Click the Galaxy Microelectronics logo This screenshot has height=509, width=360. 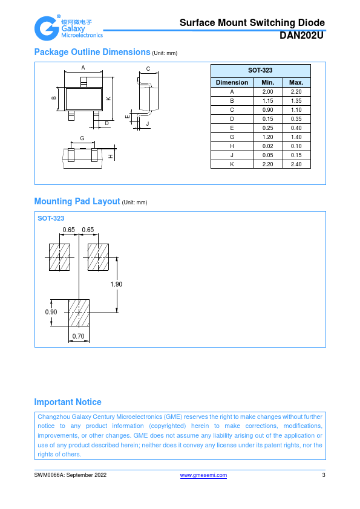(x=68, y=28)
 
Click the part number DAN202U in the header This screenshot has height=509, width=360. (x=301, y=36)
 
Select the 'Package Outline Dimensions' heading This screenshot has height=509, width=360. (x=93, y=52)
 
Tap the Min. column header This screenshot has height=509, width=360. (x=267, y=82)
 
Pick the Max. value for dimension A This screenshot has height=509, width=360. (x=296, y=91)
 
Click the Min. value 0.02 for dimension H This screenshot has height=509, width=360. (x=267, y=146)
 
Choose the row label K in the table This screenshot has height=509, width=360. (x=232, y=164)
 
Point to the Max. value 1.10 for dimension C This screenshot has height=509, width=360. (x=296, y=110)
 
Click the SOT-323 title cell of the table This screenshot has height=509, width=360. (x=260, y=71)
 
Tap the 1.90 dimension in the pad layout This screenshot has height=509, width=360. (x=116, y=284)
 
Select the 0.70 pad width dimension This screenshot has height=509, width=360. (x=78, y=336)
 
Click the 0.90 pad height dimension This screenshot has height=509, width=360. (x=51, y=313)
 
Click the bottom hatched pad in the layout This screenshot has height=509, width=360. (x=79, y=313)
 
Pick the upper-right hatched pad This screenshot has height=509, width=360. (x=98, y=257)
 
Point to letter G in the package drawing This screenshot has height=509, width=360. (x=82, y=138)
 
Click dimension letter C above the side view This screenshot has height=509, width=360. (x=148, y=69)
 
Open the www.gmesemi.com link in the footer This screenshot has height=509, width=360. (x=203, y=475)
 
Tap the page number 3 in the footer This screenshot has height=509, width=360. (x=323, y=475)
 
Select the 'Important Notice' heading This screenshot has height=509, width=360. (x=68, y=402)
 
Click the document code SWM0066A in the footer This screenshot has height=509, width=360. (x=49, y=475)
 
